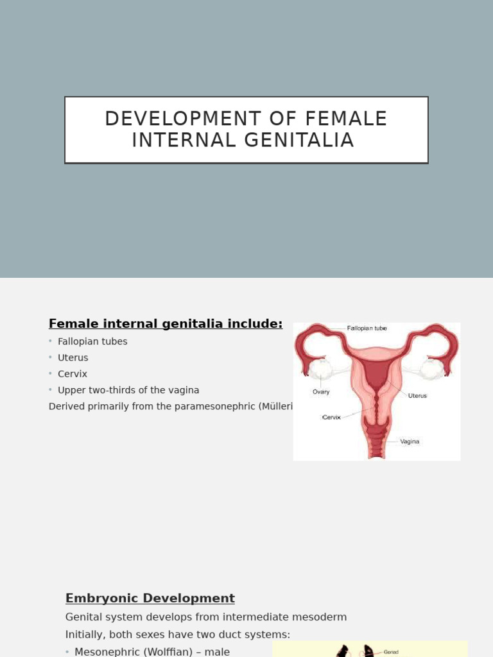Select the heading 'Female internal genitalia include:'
pyautogui.click(x=166, y=324)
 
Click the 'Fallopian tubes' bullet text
pyautogui.click(x=92, y=341)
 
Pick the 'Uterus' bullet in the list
pyautogui.click(x=73, y=357)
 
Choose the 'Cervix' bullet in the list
pyautogui.click(x=73, y=373)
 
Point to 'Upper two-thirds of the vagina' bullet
pyautogui.click(x=128, y=390)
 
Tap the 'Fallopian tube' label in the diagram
pyautogui.click(x=367, y=328)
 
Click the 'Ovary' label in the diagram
pyautogui.click(x=321, y=391)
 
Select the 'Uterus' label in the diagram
pyautogui.click(x=417, y=396)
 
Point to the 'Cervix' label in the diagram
pyautogui.click(x=331, y=417)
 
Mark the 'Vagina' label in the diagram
pyautogui.click(x=410, y=441)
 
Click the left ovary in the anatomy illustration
pyautogui.click(x=321, y=369)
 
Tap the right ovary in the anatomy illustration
pyautogui.click(x=432, y=368)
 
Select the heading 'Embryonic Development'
pyautogui.click(x=150, y=599)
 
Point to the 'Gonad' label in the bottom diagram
pyautogui.click(x=391, y=652)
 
